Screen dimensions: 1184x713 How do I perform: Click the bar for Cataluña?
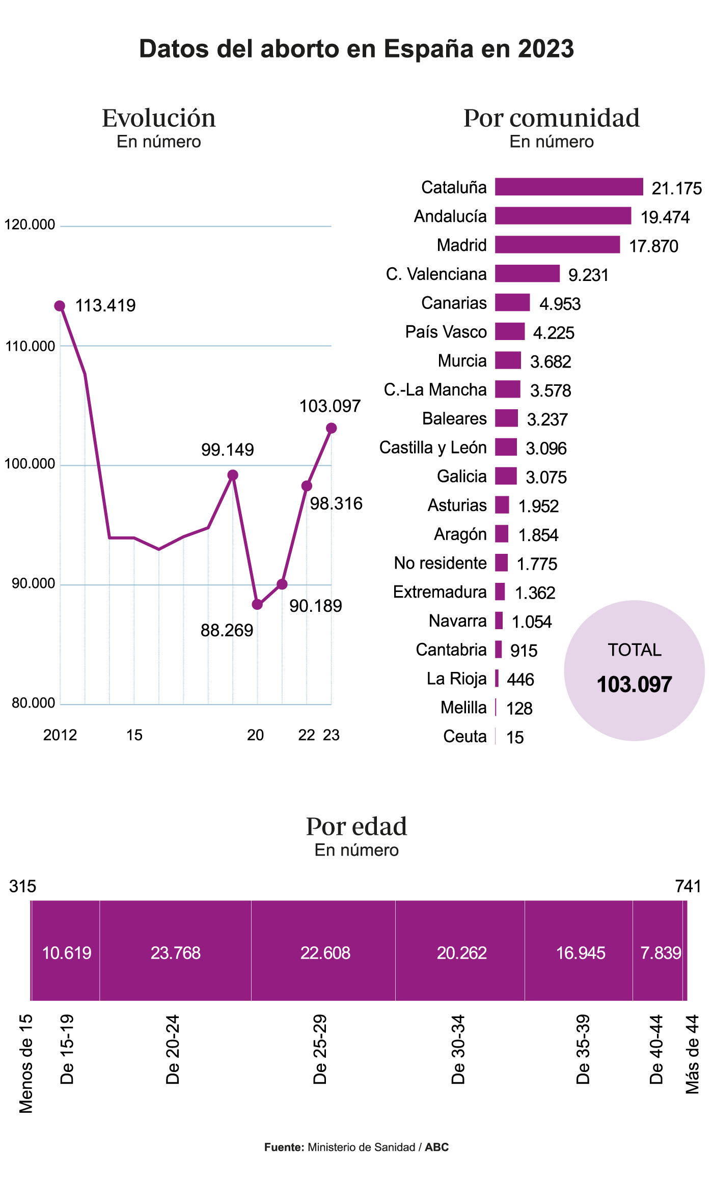point(569,187)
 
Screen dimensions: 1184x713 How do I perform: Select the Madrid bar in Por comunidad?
point(557,244)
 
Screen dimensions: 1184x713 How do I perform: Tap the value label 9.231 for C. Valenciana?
point(588,275)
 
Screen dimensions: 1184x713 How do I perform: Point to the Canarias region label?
point(454,303)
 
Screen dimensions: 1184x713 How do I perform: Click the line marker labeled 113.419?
point(60,306)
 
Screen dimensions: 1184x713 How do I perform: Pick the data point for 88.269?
point(257,605)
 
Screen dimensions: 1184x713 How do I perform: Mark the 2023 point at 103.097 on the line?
point(331,428)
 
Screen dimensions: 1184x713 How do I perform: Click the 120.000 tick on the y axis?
point(30,224)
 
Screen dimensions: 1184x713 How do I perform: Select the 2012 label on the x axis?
point(60,735)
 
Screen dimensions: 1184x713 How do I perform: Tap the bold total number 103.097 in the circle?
point(634,684)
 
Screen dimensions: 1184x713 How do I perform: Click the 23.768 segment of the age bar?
point(175,952)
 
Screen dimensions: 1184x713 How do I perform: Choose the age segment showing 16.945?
point(580,952)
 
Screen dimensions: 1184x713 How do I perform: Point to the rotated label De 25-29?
point(319,1050)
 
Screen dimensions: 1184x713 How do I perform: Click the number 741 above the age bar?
point(688,886)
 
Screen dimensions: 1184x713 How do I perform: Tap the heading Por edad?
point(356,826)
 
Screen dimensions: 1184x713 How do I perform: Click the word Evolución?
point(158,118)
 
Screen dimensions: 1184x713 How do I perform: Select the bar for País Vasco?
point(509,331)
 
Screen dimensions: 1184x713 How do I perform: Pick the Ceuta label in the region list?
point(464,737)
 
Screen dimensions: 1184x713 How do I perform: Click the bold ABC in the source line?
point(437,1147)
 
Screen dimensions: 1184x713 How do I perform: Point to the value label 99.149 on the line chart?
point(227,449)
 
